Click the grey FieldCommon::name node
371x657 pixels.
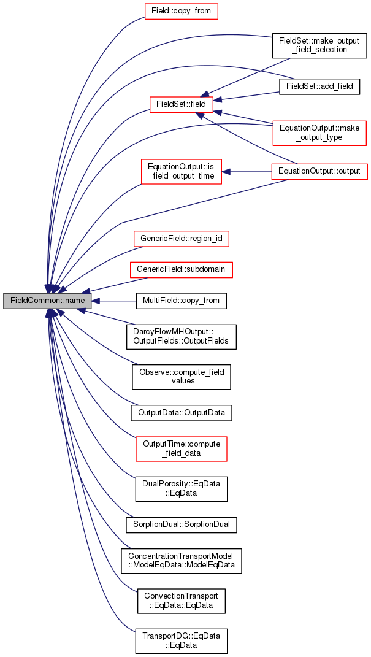point(47,301)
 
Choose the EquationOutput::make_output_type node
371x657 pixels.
point(319,133)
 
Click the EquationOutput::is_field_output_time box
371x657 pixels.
point(182,171)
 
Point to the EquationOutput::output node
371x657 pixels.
point(320,171)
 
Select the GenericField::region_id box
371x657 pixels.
point(182,239)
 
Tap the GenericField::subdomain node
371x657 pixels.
point(182,270)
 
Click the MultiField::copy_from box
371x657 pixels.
point(182,301)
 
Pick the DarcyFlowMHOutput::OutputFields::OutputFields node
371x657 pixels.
point(182,336)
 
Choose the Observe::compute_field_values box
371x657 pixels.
point(182,376)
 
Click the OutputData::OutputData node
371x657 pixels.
point(182,413)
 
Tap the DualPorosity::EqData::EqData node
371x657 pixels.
point(182,489)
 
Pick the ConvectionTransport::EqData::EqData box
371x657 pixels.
point(182,601)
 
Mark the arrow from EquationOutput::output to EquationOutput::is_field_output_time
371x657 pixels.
point(247,171)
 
